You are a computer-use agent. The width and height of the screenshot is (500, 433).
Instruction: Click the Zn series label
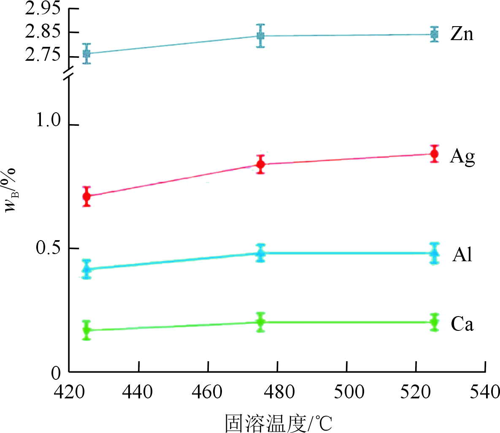click(462, 34)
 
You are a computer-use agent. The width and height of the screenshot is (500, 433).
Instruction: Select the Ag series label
click(462, 157)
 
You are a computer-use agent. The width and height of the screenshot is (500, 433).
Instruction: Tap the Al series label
click(462, 254)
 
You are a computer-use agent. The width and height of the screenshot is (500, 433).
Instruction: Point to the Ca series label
click(462, 324)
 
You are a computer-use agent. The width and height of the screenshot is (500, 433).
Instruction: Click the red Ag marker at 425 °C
click(87, 196)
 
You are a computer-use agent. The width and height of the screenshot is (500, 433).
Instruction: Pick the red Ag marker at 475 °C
click(261, 164)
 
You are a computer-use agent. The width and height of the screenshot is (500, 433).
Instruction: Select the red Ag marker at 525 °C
click(434, 154)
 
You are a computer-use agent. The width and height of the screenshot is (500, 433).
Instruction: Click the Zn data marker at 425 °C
click(87, 54)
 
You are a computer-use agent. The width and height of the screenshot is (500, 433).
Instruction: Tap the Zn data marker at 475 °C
click(261, 36)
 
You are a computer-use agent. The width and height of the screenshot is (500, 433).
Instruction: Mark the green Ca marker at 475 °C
click(261, 322)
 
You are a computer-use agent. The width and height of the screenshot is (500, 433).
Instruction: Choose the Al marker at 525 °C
click(434, 253)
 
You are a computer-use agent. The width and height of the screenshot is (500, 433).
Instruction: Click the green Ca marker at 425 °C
click(87, 330)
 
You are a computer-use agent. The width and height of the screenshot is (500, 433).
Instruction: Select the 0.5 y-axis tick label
click(48, 248)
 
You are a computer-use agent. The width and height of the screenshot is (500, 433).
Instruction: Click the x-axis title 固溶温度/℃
click(278, 422)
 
